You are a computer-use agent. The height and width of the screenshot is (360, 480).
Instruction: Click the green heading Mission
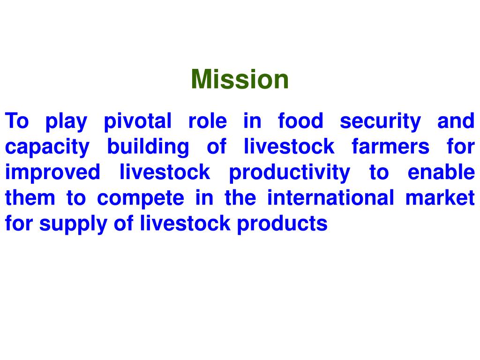[x=240, y=79]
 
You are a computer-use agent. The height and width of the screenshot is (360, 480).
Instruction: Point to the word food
[x=300, y=121]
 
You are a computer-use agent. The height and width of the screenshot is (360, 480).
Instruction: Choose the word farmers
[x=390, y=148]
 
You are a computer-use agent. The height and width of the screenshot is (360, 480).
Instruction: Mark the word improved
[x=52, y=173]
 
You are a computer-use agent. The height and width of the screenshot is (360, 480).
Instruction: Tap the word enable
[x=441, y=173]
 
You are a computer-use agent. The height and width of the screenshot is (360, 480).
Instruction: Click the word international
[x=330, y=198]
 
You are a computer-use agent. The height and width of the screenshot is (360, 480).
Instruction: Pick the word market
[x=440, y=198]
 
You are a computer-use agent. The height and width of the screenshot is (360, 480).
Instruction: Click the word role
[x=208, y=121]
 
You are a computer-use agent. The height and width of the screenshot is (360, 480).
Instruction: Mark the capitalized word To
[x=17, y=121]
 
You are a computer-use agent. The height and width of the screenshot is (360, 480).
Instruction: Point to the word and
[x=456, y=121]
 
